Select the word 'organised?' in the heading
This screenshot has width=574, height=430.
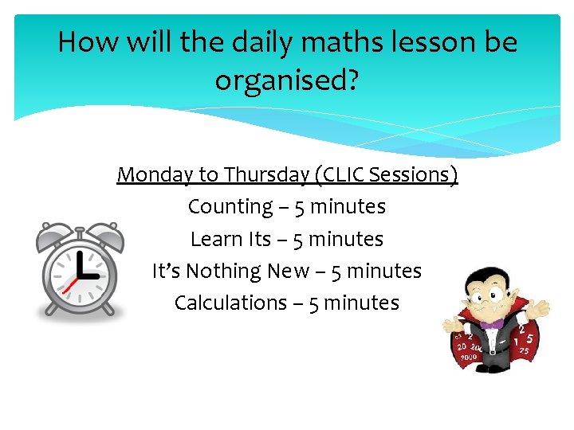286,80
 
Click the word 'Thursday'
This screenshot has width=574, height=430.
267,174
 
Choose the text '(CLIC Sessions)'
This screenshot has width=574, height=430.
387,174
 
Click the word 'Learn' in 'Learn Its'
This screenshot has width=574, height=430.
211,239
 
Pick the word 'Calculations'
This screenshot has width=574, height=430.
230,303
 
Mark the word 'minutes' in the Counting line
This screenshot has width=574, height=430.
348,207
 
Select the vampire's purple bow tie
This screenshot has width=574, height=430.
492,324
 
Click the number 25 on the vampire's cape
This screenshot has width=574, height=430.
524,351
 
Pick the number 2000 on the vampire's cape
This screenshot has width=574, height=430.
468,357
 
